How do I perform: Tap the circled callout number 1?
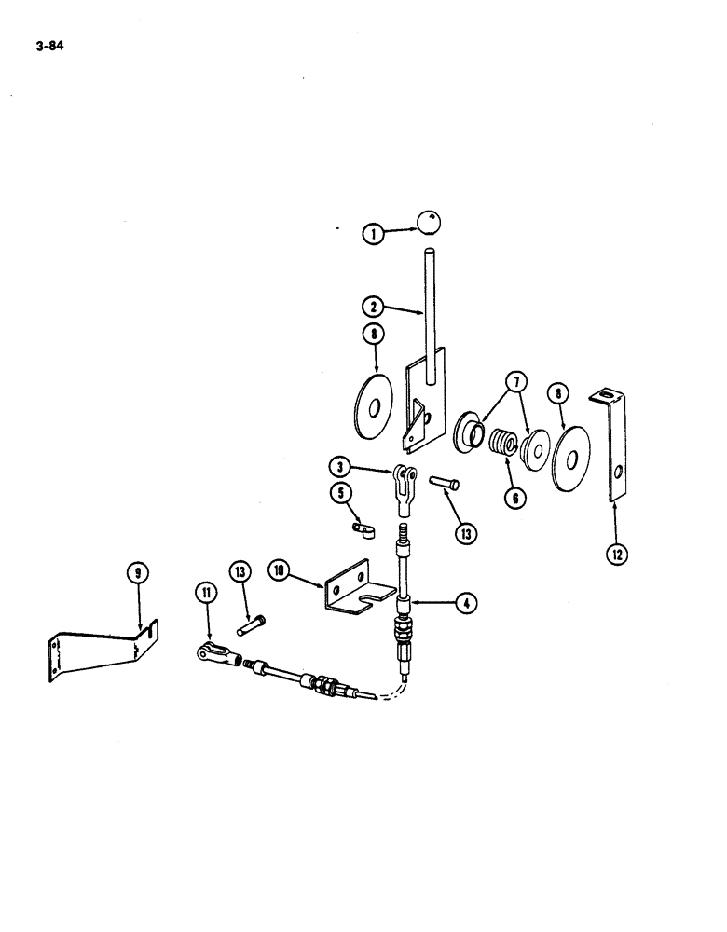(374, 233)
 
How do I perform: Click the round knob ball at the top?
(427, 223)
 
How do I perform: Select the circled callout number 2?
(373, 305)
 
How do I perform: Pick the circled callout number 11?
(204, 591)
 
